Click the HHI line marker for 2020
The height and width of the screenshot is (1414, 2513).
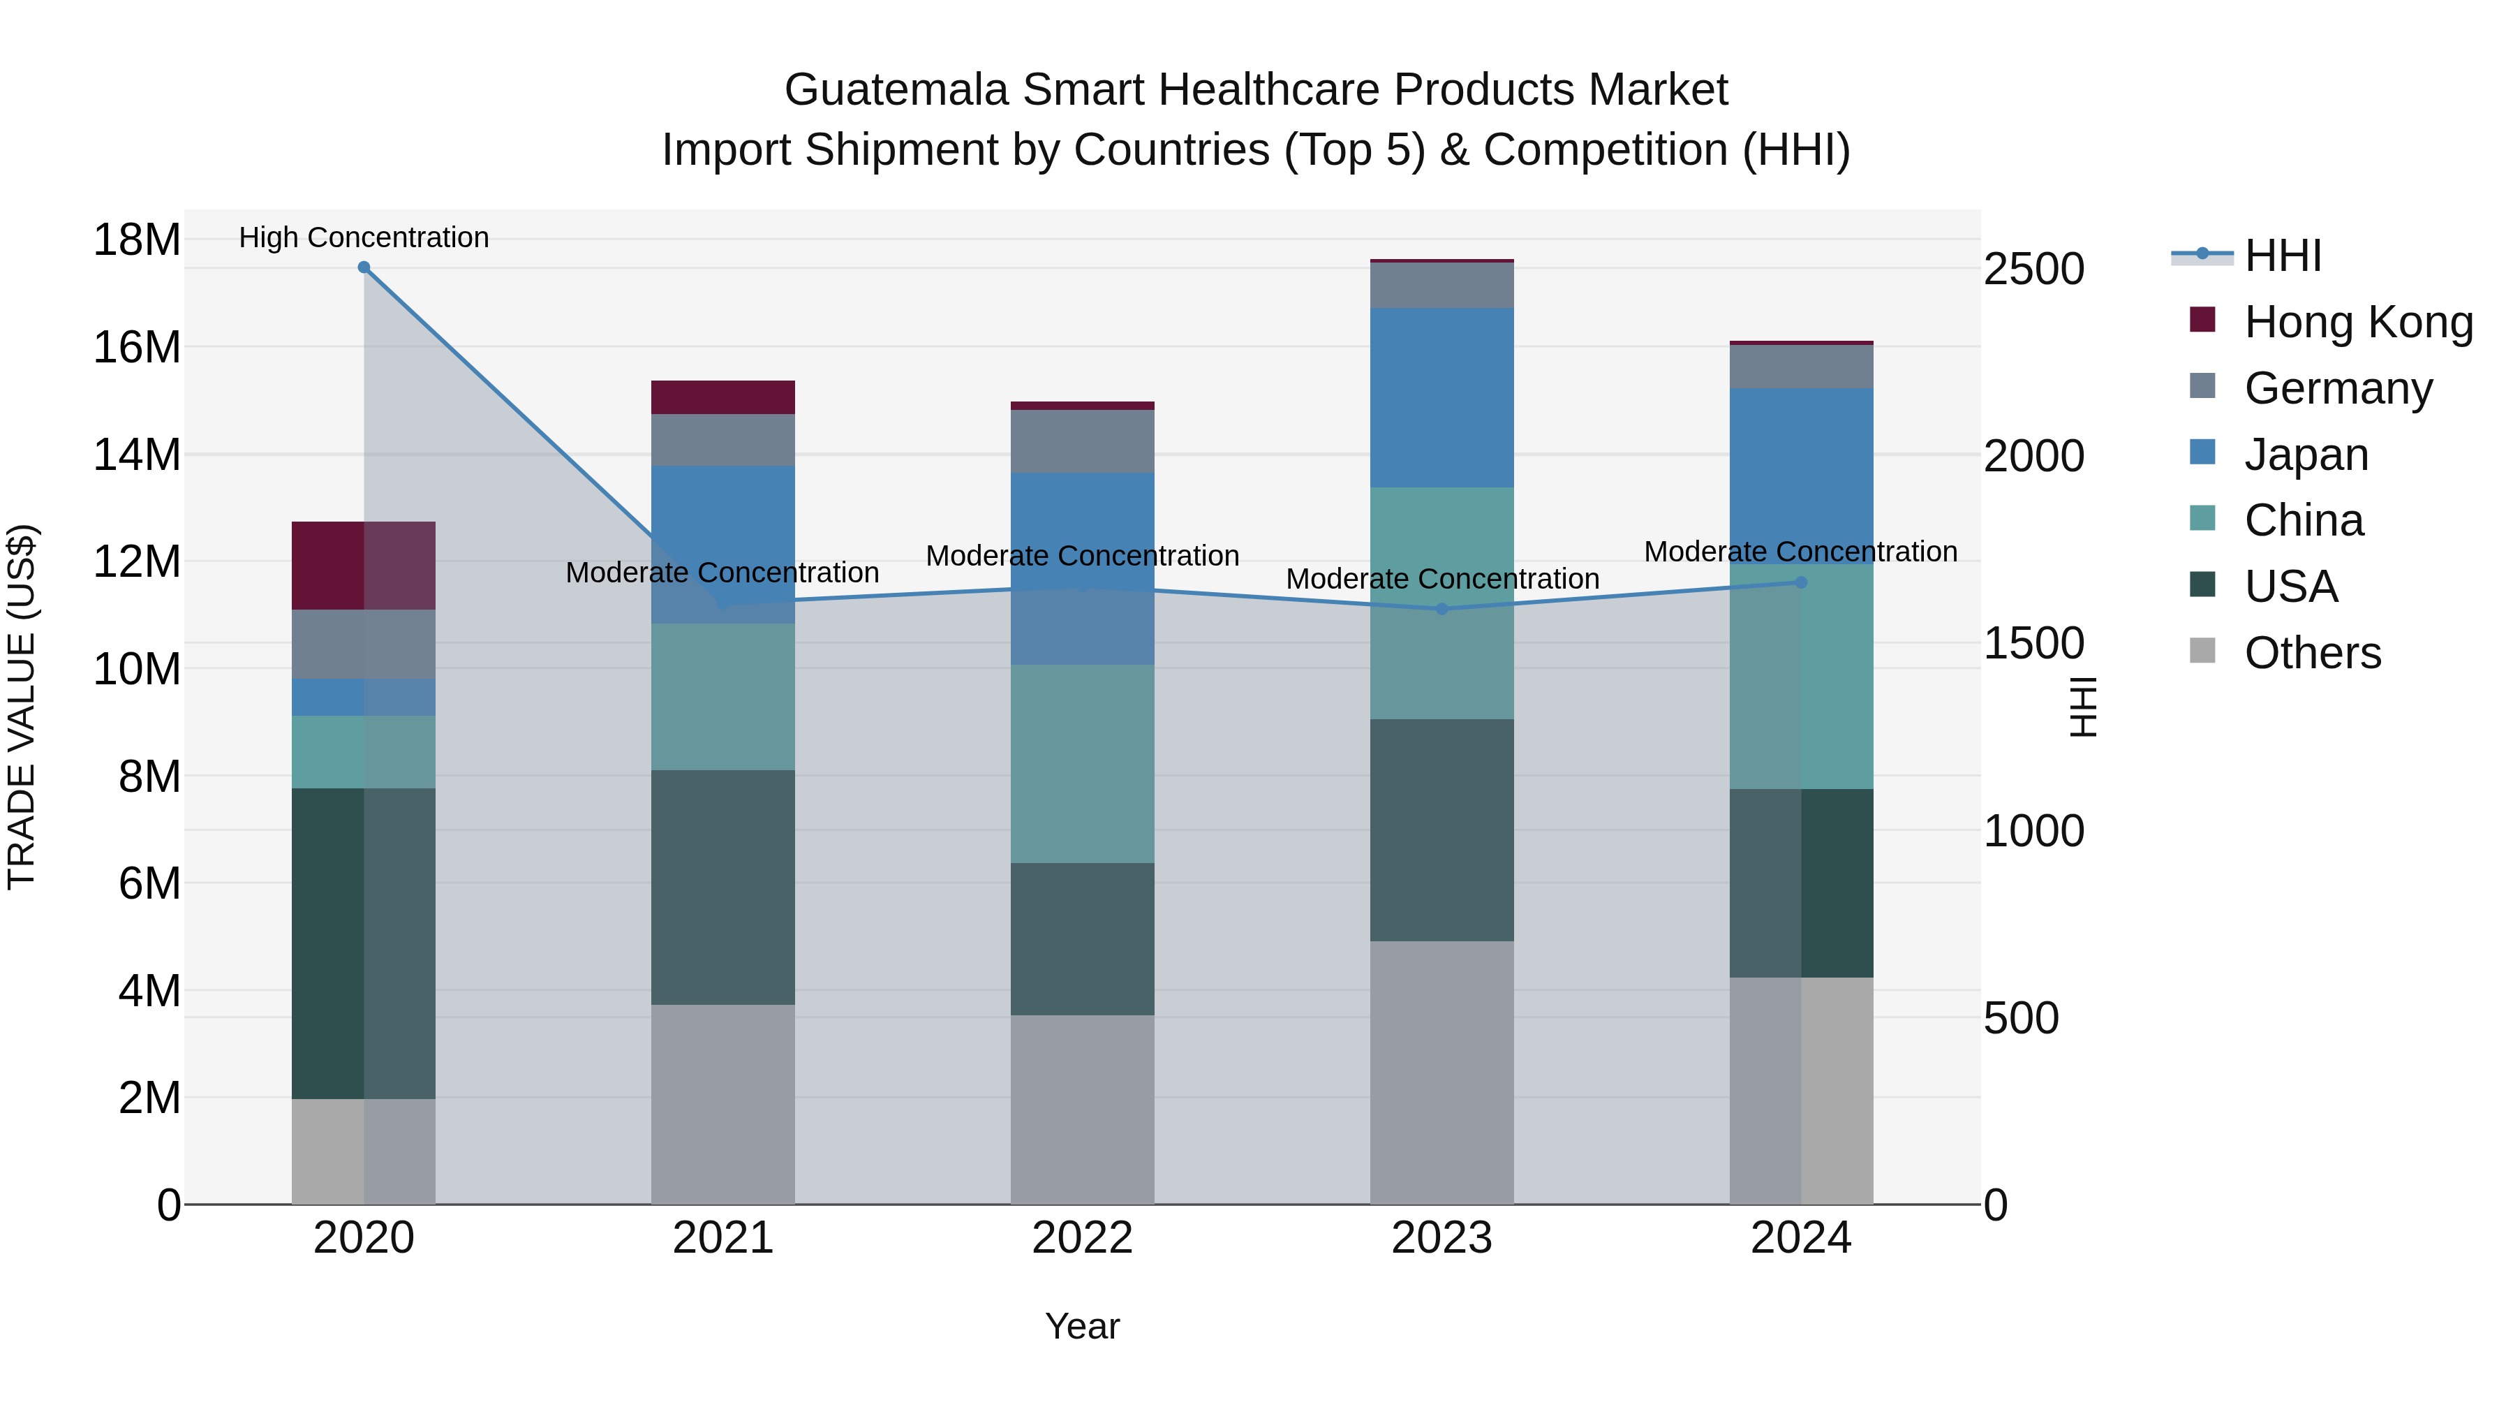(364, 267)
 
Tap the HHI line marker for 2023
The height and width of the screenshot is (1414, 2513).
(1442, 609)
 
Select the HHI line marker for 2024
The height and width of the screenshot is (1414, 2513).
(1801, 582)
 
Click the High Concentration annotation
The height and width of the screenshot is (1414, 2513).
(364, 237)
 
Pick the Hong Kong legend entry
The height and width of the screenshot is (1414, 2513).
(2358, 322)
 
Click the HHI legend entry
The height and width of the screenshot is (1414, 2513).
(2282, 256)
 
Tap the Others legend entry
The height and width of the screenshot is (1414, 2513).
(2312, 653)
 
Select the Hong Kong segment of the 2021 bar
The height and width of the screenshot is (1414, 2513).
(723, 397)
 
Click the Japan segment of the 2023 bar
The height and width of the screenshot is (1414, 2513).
(1442, 397)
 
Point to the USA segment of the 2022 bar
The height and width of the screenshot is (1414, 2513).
(1082, 938)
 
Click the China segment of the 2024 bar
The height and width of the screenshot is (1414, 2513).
(1801, 676)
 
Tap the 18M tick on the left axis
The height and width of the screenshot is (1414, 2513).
(137, 240)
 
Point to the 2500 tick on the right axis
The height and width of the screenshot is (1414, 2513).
(2034, 270)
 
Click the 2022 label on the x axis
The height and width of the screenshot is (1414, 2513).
(1082, 1238)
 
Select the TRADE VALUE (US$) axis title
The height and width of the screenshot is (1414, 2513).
(22, 707)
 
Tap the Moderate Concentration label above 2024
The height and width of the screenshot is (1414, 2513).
(1801, 552)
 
